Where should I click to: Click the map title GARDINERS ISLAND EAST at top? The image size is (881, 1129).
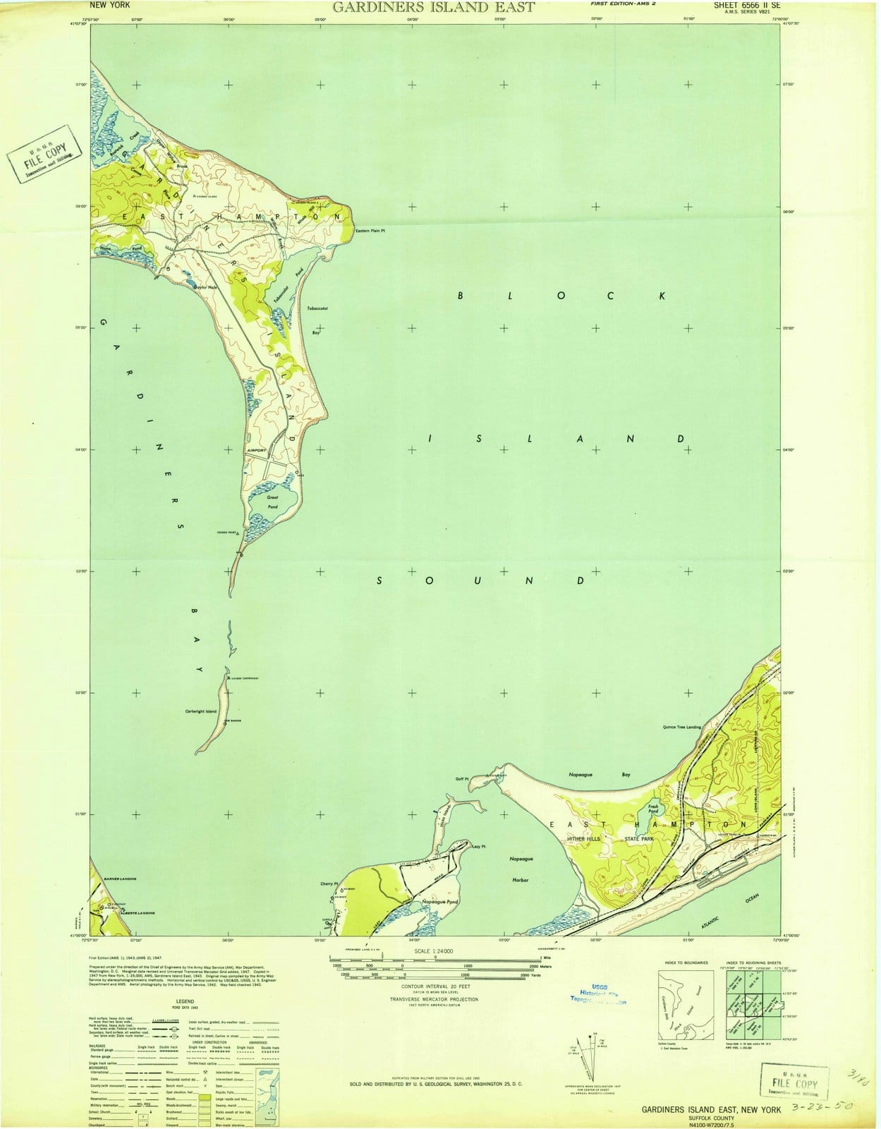(x=433, y=8)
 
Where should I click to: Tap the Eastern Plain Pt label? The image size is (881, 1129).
(x=371, y=231)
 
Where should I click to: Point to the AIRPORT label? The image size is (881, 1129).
(x=256, y=450)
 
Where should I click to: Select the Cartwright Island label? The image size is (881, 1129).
(x=200, y=711)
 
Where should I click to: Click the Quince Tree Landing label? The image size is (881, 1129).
(x=682, y=727)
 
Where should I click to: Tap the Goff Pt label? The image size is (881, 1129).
(x=462, y=779)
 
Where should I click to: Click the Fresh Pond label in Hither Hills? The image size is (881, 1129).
(x=652, y=809)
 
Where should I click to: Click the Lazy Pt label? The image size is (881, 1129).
(x=479, y=847)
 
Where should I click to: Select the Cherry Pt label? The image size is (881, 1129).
(x=329, y=883)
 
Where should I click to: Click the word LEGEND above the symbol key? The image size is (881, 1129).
(x=185, y=1001)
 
